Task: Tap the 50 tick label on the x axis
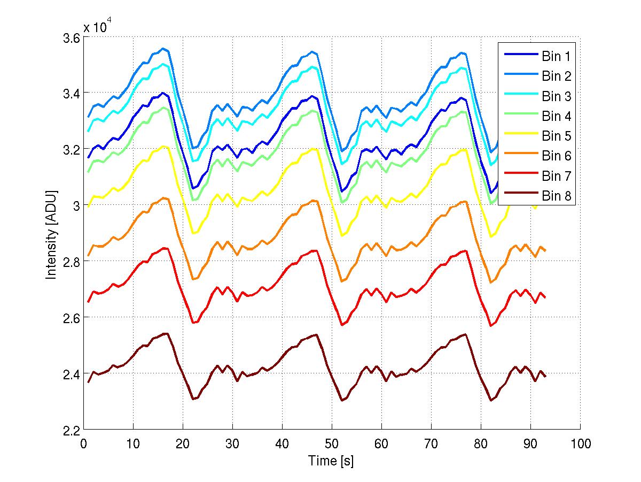332,444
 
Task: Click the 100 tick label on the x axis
580,444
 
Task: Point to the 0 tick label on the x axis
84,444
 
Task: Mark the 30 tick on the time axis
232,444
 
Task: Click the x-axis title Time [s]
331,461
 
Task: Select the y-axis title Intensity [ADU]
51,234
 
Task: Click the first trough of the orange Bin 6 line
193,279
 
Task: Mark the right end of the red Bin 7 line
545,298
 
